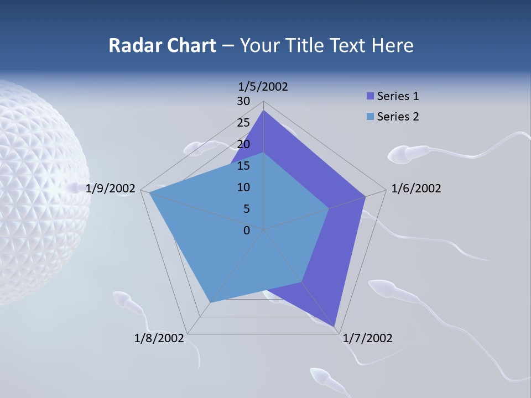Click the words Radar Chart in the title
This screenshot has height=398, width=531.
pos(162,45)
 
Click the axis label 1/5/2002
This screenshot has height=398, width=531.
pos(263,86)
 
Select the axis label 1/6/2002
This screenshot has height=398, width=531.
pos(416,188)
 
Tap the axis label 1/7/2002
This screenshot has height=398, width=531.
pos(368,338)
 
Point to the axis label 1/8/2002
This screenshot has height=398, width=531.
pos(159,338)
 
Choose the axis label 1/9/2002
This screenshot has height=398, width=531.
pos(111,188)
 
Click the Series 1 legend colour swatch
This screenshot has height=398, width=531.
pos(371,96)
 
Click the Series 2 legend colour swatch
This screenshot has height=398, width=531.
pos(371,117)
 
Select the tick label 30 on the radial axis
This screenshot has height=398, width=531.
pos(243,101)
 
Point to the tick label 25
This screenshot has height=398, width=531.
pos(243,123)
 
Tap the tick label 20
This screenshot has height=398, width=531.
pos(243,144)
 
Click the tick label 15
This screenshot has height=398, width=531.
pos(243,166)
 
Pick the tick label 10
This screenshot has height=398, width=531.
pos(243,187)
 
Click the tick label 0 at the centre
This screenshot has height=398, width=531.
pos(247,231)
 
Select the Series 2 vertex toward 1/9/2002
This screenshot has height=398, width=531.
pos(150,193)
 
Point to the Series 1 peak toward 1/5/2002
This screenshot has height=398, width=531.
pos(264,111)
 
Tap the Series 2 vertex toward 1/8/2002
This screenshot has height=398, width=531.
pos(210,302)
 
